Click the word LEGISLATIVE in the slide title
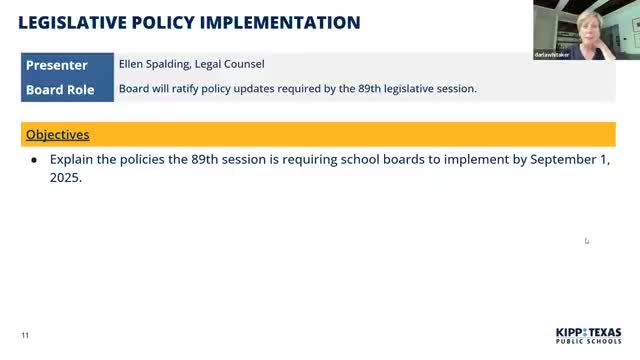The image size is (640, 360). point(74,21)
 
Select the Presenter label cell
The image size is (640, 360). point(56,65)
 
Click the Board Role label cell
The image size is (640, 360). point(60,89)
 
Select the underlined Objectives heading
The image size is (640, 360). point(57,135)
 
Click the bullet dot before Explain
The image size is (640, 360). point(34,160)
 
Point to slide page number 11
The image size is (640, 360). point(26,335)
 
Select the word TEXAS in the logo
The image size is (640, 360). point(605,332)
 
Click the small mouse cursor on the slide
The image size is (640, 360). point(587,240)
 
